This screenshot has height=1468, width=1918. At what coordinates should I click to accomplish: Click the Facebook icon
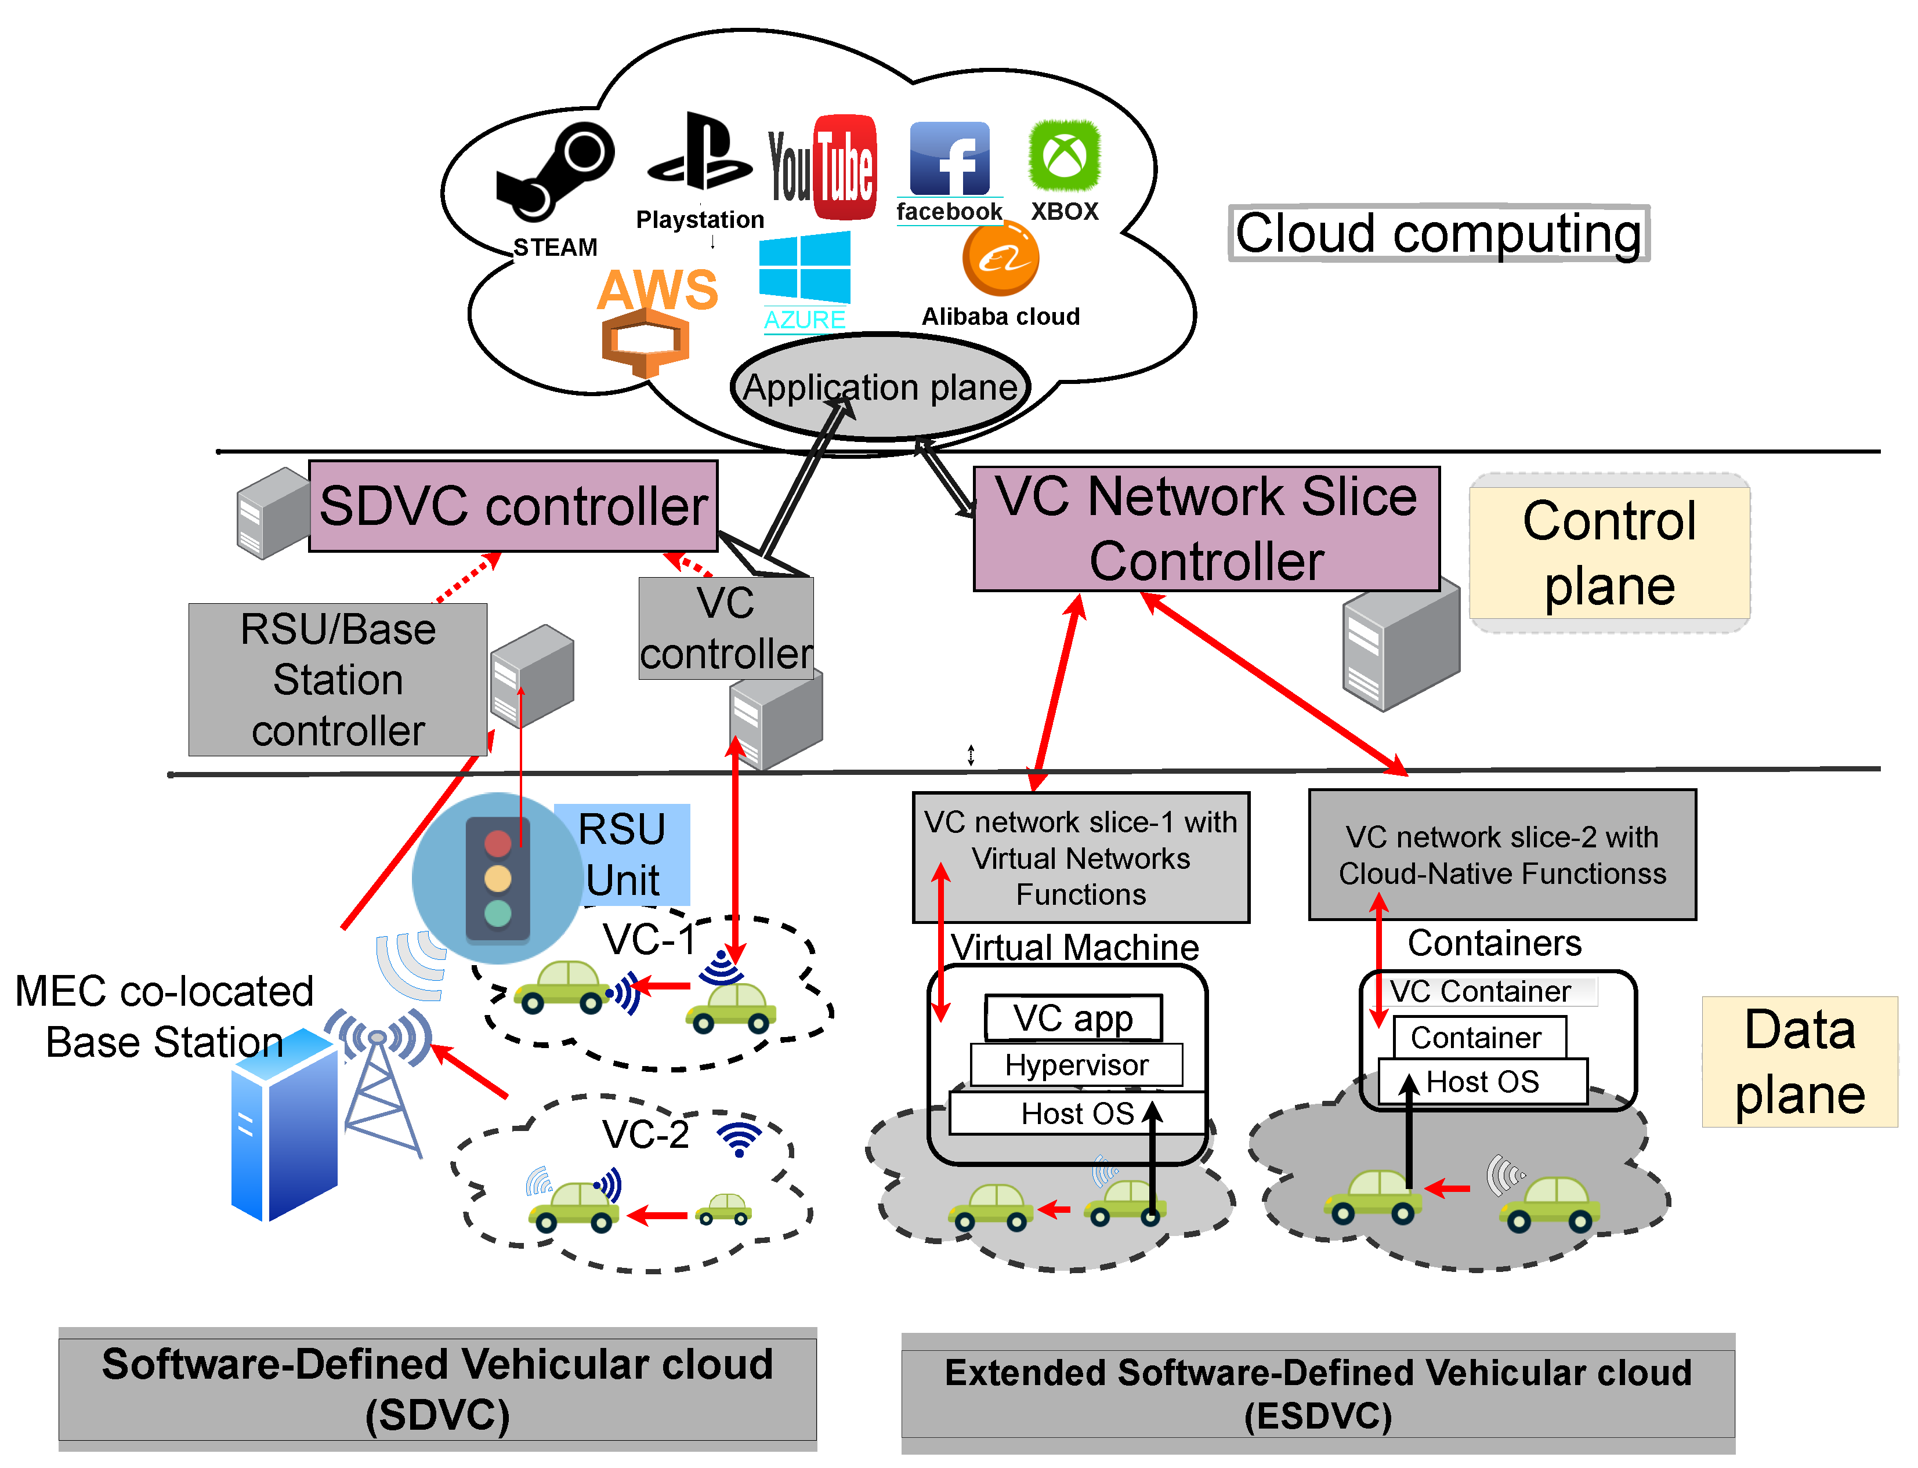coord(950,158)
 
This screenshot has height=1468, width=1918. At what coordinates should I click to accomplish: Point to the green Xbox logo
coord(1064,155)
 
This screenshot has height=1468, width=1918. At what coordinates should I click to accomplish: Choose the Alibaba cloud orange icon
coord(1001,259)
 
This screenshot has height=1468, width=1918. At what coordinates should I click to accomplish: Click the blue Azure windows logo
coord(805,266)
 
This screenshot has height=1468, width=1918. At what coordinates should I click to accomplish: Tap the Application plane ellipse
coord(881,387)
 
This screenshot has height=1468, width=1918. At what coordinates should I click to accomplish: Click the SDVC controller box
coord(513,506)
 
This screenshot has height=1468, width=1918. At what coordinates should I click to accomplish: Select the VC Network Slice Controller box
coord(1206,528)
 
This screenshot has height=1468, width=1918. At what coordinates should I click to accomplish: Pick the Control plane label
coord(1609,552)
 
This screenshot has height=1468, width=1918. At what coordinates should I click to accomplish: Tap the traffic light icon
coord(497,878)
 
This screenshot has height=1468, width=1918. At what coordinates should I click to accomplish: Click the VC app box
coord(1073,1018)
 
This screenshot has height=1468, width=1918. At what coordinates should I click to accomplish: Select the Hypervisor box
coord(1077,1065)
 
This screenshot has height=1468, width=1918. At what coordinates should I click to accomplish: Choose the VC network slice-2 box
coord(1502,854)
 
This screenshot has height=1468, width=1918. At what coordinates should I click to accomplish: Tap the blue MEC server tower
coord(284,1127)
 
